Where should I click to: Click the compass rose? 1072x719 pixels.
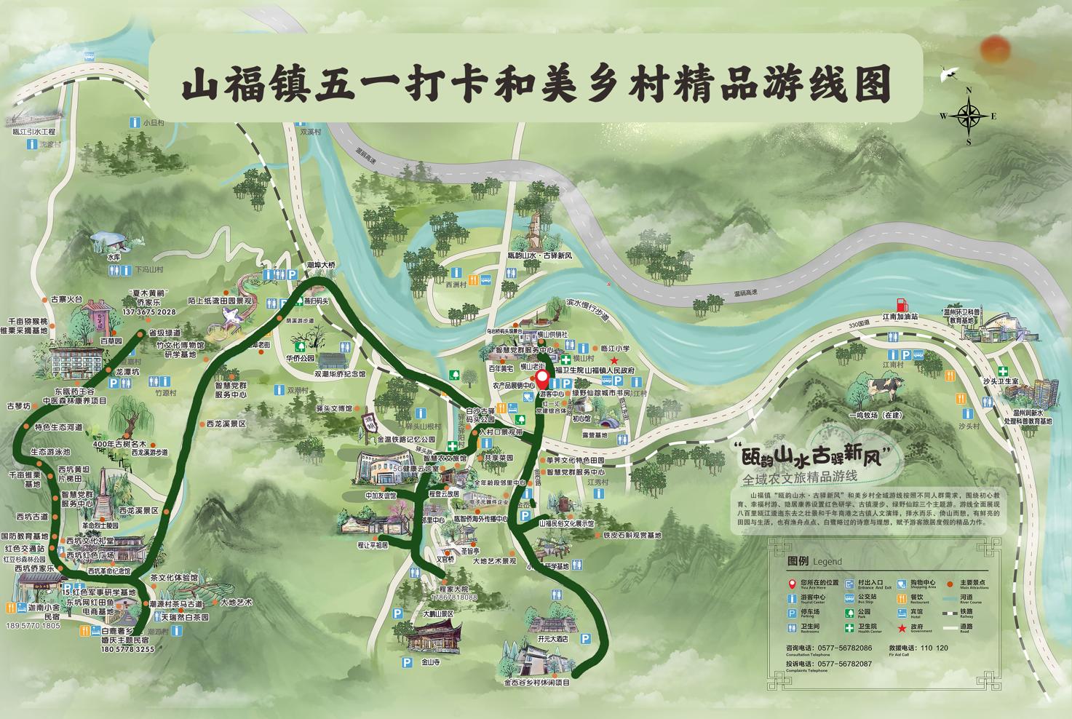(969, 115)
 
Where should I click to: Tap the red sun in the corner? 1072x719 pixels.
(996, 48)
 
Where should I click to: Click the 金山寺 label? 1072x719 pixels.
(431, 663)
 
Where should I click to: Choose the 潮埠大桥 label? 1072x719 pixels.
(320, 265)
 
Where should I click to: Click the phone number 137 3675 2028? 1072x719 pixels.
(150, 312)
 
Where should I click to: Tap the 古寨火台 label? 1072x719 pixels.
(68, 298)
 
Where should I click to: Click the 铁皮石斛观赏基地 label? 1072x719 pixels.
(632, 536)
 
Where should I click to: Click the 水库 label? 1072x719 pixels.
(114, 257)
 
